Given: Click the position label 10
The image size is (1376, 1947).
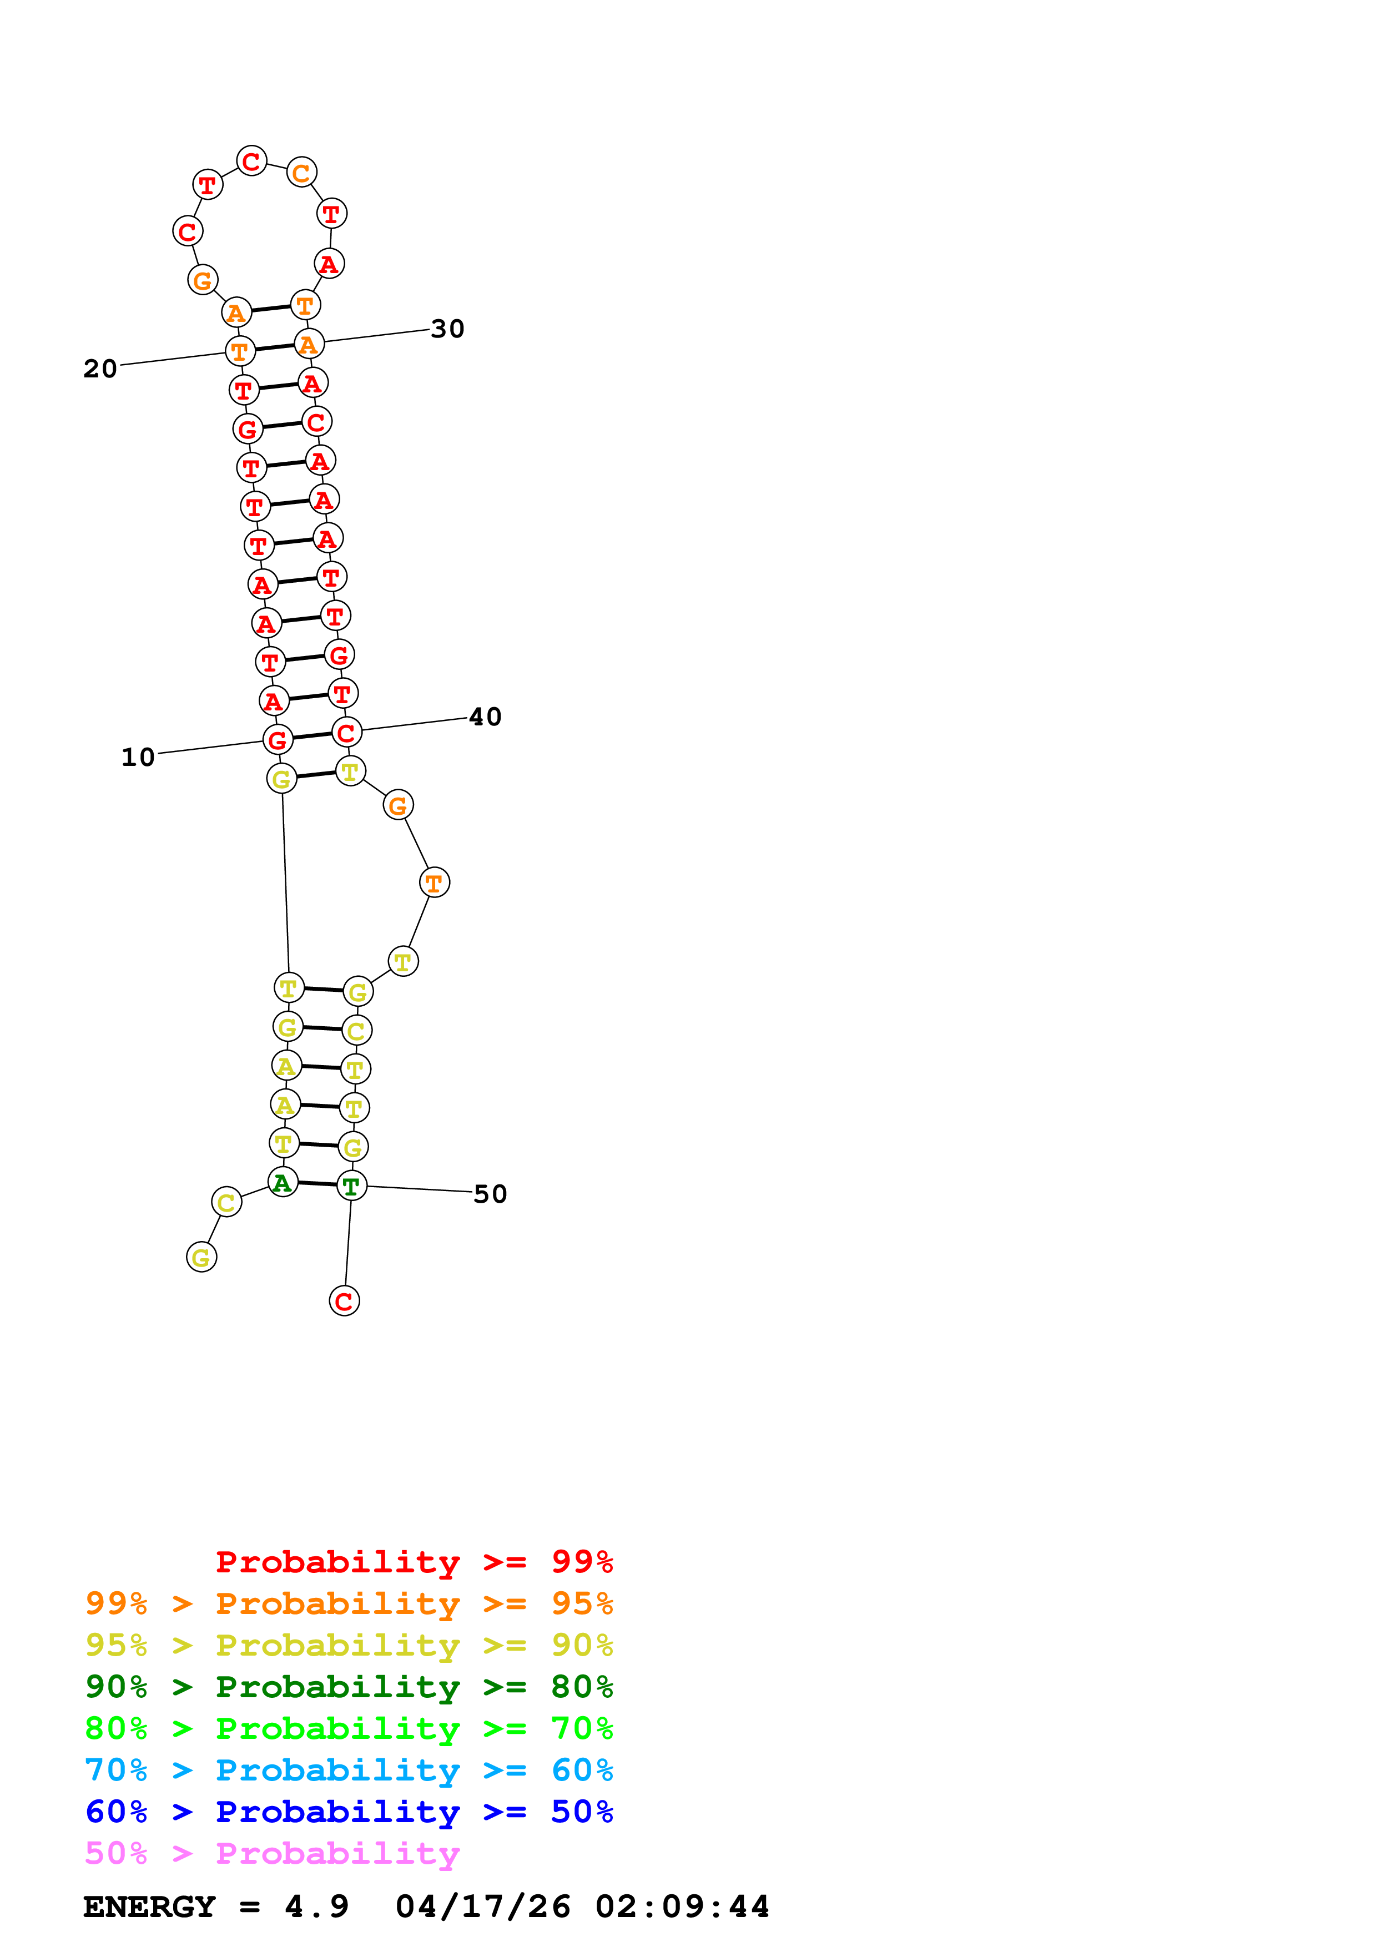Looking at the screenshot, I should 138,757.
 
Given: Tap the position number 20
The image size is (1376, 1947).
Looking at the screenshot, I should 100,369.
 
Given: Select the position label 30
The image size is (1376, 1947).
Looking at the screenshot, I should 447,329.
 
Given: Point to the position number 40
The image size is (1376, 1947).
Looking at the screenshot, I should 485,718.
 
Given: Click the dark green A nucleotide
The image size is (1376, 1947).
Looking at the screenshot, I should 283,1182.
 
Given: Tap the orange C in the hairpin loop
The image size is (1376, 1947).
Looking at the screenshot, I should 301,173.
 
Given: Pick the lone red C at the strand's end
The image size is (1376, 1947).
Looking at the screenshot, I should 344,1301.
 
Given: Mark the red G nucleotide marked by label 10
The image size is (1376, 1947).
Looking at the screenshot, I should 277,740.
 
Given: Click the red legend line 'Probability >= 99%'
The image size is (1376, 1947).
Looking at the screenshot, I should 414,1561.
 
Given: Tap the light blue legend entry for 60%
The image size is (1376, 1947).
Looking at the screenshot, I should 349,1770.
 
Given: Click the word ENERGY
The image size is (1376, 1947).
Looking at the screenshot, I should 149,1906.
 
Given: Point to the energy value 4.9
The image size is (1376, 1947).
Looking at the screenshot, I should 316,1906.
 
